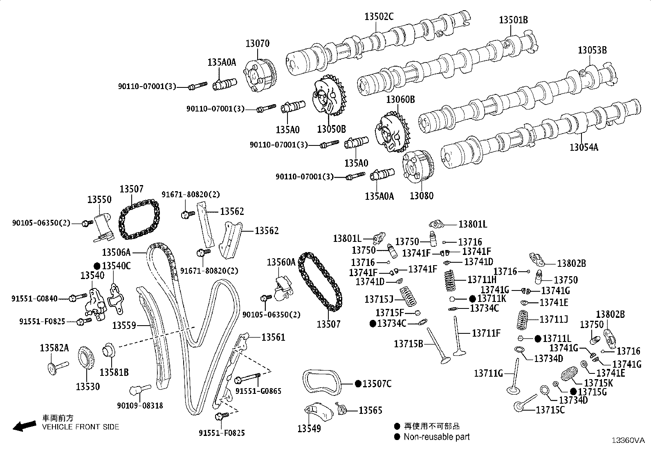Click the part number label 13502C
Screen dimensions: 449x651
[379, 17]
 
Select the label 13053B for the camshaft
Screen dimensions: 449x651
[592, 50]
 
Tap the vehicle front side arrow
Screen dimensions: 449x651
[24, 426]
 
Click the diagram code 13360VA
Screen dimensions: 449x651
[628, 440]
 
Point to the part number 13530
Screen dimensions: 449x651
[88, 386]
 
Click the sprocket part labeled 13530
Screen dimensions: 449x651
[85, 358]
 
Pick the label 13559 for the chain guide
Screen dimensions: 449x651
[124, 325]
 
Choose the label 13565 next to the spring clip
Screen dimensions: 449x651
[370, 411]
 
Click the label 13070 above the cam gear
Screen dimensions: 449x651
[257, 44]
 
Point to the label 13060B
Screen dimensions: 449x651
[401, 99]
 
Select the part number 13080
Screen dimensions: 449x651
[422, 196]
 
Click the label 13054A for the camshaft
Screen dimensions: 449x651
[584, 147]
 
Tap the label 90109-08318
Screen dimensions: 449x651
[140, 405]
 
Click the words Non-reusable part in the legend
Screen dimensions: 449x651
[436, 437]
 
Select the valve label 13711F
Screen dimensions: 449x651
[486, 333]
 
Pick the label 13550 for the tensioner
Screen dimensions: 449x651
[99, 200]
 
